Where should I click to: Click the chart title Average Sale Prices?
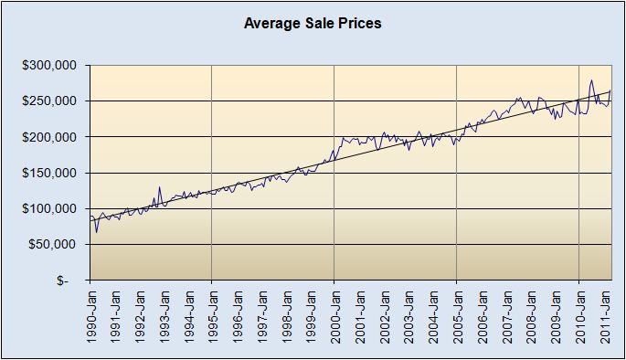point(313,23)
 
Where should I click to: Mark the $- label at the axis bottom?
point(62,281)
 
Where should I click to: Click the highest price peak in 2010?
point(591,80)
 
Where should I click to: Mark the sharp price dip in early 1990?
point(96,231)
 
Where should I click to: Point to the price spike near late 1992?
point(159,187)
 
